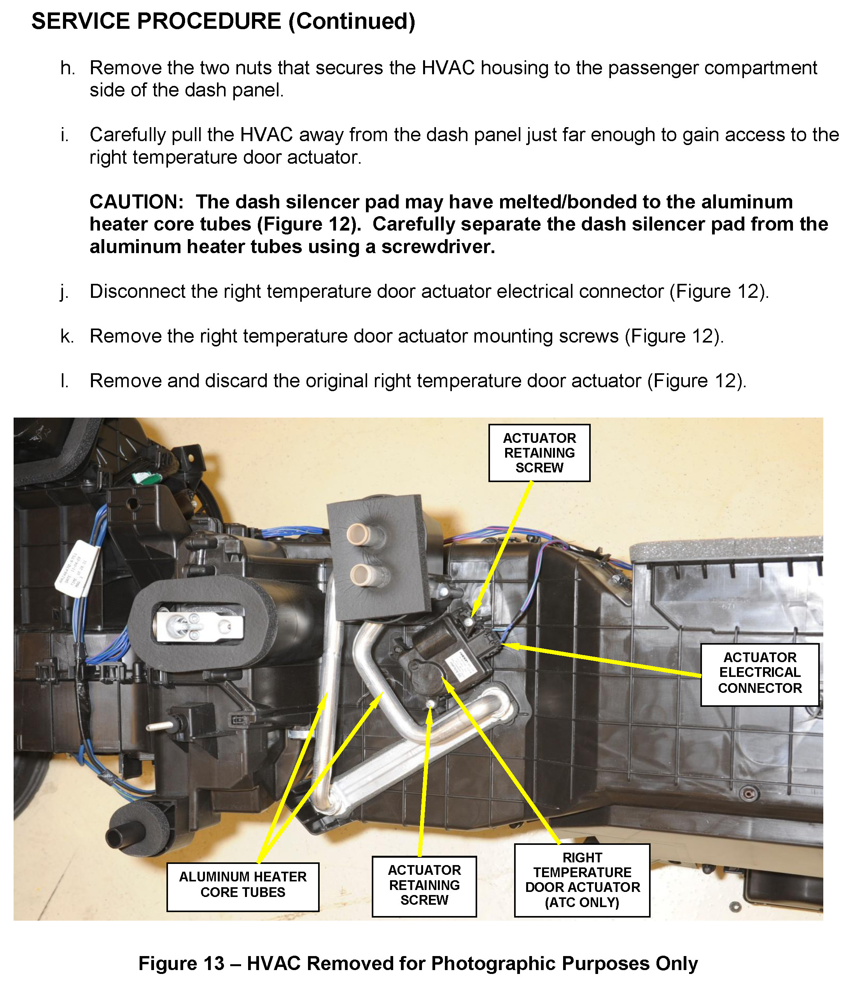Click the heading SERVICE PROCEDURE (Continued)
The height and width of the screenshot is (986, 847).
click(x=223, y=21)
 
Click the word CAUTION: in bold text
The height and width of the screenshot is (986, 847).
click(x=136, y=202)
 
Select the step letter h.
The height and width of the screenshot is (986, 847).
click(x=68, y=68)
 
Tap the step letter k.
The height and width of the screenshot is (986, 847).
click(x=67, y=336)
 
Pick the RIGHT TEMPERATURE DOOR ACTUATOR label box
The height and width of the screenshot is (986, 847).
click(x=582, y=880)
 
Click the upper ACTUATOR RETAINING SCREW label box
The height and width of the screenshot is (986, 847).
click(x=539, y=453)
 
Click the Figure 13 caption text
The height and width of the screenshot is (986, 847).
click(x=418, y=963)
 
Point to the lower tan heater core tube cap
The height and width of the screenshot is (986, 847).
click(x=360, y=576)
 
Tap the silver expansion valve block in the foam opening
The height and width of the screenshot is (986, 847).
click(x=198, y=627)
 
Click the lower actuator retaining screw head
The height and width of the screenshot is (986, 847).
click(x=430, y=704)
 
